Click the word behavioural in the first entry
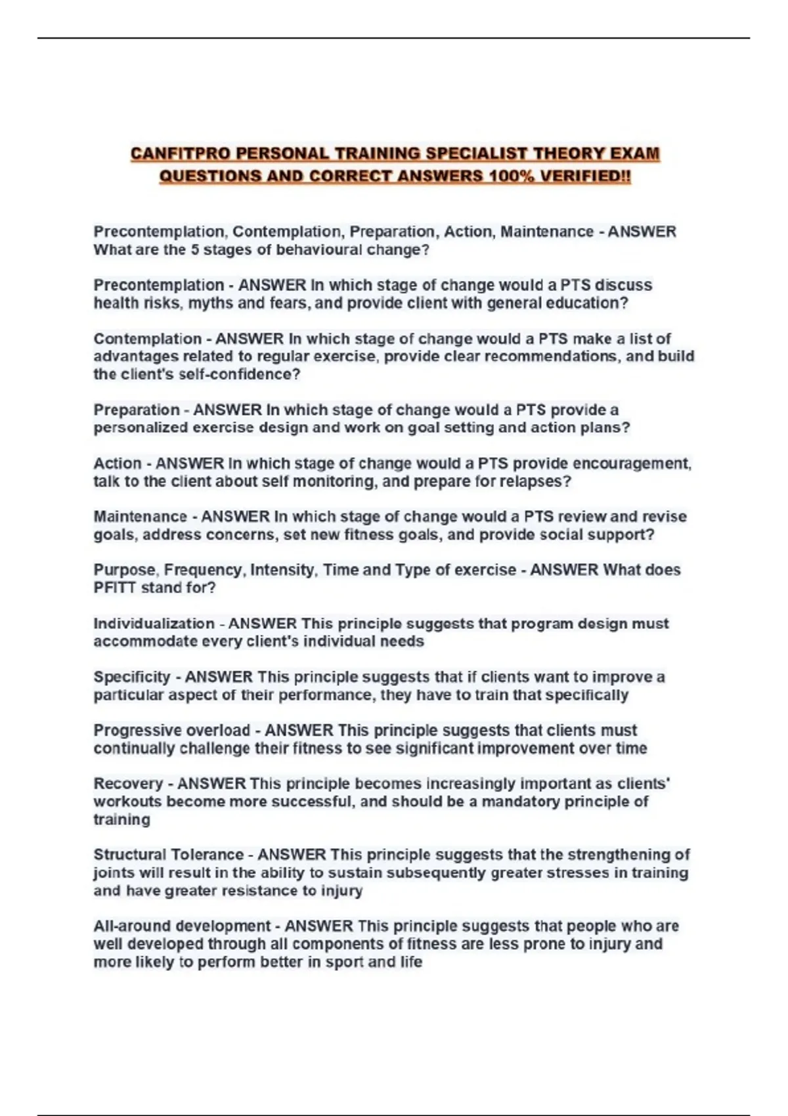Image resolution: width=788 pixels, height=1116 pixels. click(320, 249)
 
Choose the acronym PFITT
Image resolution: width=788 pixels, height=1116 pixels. click(114, 588)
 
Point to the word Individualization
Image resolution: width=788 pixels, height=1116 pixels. click(154, 624)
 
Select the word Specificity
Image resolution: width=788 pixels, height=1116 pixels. click(131, 677)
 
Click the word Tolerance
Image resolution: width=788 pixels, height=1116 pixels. click(207, 855)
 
